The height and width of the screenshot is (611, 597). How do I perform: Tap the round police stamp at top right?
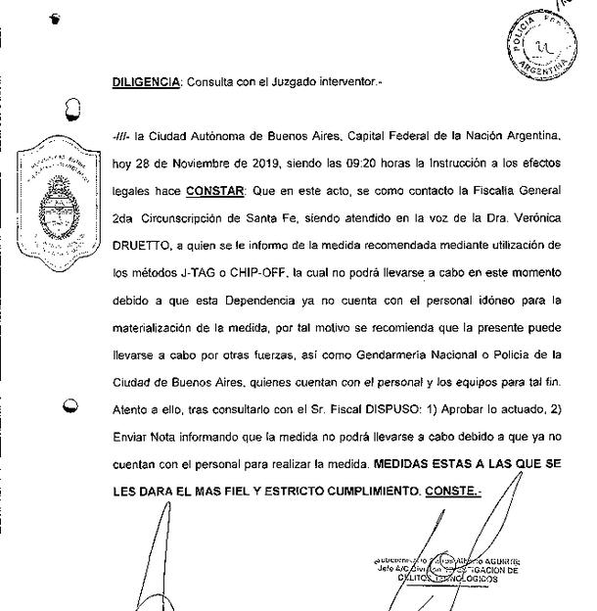(x=546, y=46)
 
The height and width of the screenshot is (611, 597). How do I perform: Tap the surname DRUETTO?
(x=141, y=241)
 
